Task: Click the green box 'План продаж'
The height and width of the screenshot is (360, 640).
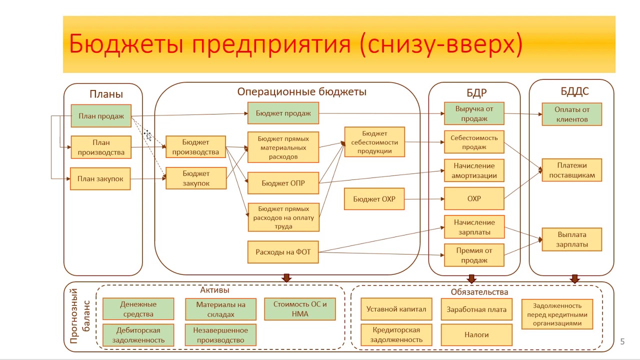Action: coord(101,116)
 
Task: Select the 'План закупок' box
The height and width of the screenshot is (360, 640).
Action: coord(100,178)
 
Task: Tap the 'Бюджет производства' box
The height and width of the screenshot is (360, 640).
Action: coord(196,147)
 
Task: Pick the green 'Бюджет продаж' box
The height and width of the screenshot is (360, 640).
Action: coord(283,113)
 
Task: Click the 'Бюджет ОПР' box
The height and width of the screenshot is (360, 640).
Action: coord(283,183)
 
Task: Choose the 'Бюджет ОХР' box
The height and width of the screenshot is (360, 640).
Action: coord(374,199)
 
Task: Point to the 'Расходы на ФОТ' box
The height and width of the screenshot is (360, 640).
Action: coord(283,252)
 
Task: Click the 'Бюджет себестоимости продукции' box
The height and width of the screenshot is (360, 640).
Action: coord(374,142)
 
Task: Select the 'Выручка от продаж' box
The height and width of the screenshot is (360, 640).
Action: coord(474,113)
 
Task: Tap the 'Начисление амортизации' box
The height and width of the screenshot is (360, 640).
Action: coord(474,170)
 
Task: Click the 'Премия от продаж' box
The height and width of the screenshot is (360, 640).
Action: coord(474,255)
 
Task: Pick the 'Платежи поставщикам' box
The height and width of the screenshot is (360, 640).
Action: coord(572,170)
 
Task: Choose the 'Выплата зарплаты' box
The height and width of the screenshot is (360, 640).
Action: coord(572,239)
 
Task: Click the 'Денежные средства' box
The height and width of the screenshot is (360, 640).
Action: coord(138,309)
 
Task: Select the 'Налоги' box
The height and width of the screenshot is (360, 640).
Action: coord(476,335)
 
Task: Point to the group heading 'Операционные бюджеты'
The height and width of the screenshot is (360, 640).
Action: coord(301,92)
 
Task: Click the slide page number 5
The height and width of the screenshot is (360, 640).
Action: coord(622,342)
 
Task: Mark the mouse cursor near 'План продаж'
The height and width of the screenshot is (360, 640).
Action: coord(147,135)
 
